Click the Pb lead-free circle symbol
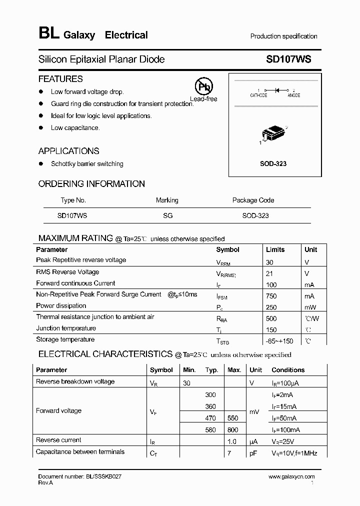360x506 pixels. (203, 86)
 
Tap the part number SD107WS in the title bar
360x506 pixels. (288, 59)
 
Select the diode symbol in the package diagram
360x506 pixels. (276, 90)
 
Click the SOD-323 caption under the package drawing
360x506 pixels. (273, 164)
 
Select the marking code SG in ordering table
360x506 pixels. (167, 215)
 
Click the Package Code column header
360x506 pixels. (253, 200)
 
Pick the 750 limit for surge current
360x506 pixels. (271, 296)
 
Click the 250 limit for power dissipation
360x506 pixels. (271, 307)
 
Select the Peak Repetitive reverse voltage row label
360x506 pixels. (81, 260)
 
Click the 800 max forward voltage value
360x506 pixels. (232, 429)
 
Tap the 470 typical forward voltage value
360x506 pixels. (211, 418)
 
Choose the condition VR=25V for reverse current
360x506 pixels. (283, 441)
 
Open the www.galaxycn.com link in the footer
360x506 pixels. (291, 477)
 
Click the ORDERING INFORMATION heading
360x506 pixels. (91, 184)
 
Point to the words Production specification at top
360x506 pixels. (283, 36)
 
